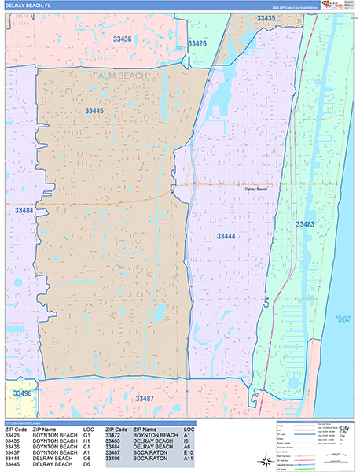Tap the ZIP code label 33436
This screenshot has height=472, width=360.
tap(122, 38)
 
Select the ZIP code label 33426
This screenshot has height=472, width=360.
tap(197, 44)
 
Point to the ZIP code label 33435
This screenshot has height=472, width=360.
tap(266, 18)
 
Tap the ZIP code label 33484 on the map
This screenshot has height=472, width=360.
tap(24, 211)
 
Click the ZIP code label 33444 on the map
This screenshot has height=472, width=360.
tap(226, 235)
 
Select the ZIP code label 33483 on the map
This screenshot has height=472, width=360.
tap(305, 225)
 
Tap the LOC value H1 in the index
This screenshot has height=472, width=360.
tap(86, 441)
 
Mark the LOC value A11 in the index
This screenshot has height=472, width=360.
tap(188, 460)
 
